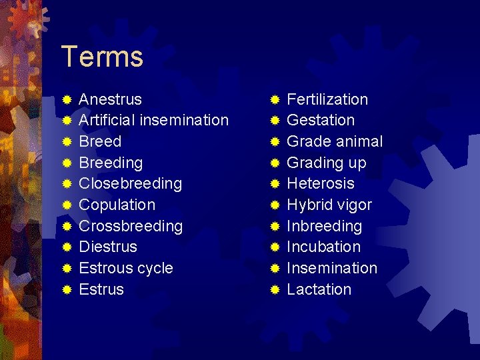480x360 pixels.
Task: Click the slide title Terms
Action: (101, 57)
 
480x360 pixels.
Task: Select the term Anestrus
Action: (110, 99)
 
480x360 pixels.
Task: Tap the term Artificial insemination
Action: (153, 120)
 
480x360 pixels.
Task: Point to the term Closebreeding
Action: (130, 183)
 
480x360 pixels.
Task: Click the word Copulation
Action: (117, 205)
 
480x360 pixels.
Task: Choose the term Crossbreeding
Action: (131, 226)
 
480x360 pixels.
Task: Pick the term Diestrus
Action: (108, 247)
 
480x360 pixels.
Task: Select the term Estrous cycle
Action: (126, 268)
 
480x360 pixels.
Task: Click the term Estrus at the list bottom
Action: (101, 289)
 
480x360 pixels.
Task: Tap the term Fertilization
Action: (327, 99)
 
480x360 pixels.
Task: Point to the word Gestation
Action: (320, 120)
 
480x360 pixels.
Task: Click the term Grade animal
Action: (335, 141)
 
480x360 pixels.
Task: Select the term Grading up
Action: (326, 163)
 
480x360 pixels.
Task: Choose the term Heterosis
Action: (320, 183)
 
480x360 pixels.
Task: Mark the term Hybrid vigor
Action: (329, 205)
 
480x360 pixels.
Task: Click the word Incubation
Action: (323, 247)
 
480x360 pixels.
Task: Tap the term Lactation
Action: (319, 289)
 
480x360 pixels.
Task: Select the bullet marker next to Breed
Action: (67, 142)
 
